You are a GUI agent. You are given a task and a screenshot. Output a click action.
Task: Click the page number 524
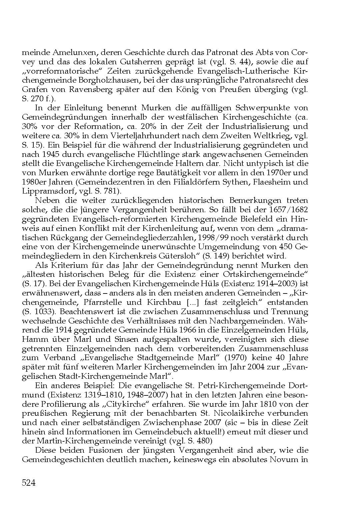coord(29,483)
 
